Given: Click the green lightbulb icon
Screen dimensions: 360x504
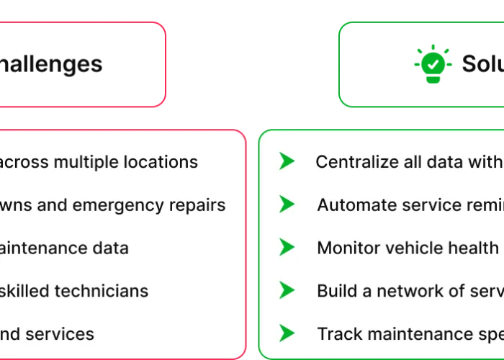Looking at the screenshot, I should pos(433,63).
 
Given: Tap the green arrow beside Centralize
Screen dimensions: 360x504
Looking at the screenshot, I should pos(287,161).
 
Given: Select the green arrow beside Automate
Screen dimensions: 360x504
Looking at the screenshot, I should pos(287,204).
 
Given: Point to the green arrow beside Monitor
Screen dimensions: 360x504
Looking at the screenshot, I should pos(287,248).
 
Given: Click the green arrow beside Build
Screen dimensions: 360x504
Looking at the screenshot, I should pos(287,290).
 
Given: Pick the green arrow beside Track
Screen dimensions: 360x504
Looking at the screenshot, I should pos(287,333).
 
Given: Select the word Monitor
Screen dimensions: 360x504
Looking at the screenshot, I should pos(347,248).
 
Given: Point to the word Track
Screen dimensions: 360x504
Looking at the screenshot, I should pos(335,334).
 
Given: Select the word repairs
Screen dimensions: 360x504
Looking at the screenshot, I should pos(197,206).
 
